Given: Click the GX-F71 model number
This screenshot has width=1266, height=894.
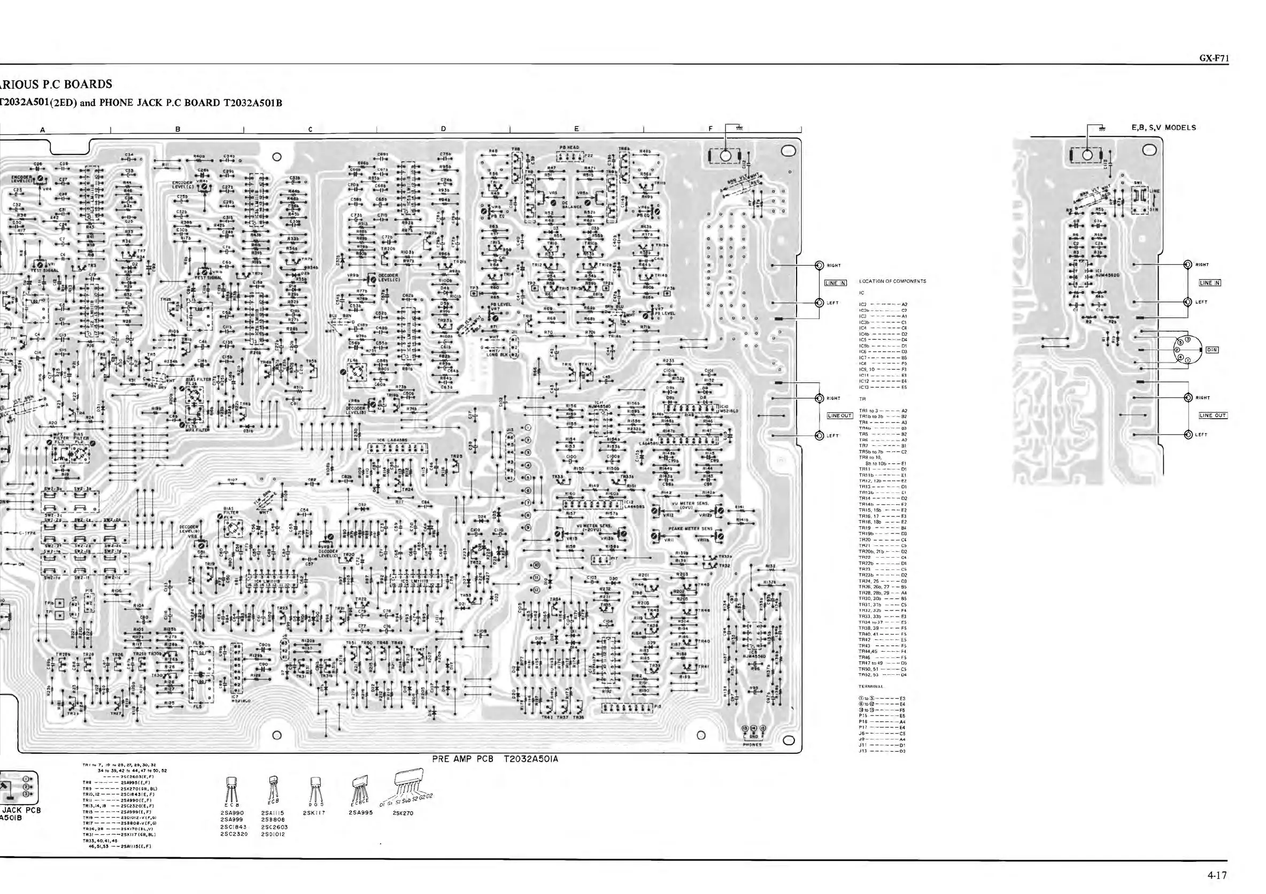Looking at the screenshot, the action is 1214,58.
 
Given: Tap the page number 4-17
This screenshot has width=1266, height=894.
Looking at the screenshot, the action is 1217,875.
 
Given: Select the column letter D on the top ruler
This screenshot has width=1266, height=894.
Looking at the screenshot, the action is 443,129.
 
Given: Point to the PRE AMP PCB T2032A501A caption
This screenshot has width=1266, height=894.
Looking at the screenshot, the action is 495,759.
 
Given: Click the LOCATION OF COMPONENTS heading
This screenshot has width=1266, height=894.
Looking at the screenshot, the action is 892,281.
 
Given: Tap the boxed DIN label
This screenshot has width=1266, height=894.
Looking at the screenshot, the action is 1213,350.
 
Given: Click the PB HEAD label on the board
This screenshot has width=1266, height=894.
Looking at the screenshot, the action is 569,148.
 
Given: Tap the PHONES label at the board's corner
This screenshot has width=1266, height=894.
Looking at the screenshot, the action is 752,744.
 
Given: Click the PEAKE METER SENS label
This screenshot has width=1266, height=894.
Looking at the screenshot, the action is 683,528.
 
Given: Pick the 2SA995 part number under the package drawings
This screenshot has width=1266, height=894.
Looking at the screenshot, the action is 361,812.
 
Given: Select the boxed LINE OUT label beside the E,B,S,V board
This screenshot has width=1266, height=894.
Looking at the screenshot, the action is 1214,415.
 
